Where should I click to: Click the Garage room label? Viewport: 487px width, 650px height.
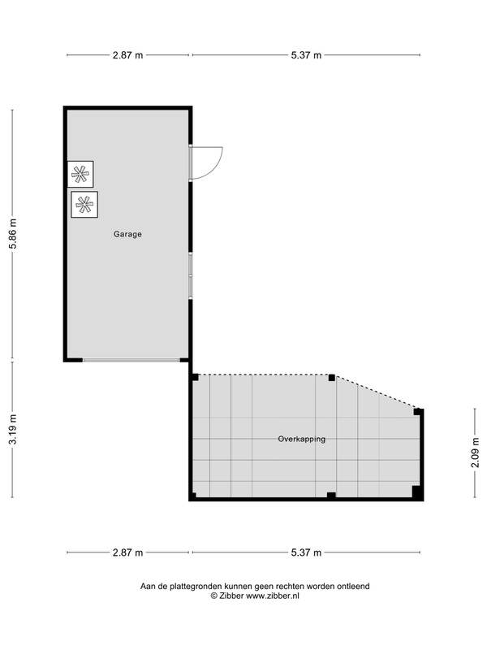point(127,234)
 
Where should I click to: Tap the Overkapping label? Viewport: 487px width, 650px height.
point(301,439)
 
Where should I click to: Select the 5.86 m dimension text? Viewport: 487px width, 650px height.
point(13,233)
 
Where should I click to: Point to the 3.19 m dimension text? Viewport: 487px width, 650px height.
point(13,429)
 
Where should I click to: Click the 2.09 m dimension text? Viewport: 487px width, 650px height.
point(475,453)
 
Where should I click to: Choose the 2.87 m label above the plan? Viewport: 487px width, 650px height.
point(127,55)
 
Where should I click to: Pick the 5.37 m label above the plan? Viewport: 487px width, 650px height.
point(306,55)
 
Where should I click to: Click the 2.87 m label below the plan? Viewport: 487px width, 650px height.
point(127,552)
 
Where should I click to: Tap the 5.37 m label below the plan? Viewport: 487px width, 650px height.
point(306,552)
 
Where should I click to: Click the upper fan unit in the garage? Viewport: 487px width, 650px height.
point(80,174)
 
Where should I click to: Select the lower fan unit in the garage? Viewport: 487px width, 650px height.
point(84,205)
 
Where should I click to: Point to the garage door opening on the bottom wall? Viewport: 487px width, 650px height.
point(131,360)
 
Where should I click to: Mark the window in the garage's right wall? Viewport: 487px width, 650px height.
point(191,275)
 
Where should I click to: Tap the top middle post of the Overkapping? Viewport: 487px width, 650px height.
point(332,378)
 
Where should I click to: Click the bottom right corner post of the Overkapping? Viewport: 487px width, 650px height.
point(417,492)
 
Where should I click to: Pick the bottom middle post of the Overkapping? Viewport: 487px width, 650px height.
point(331,495)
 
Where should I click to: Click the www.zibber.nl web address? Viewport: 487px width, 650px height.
point(273,596)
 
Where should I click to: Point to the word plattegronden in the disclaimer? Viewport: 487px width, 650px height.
point(196,587)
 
